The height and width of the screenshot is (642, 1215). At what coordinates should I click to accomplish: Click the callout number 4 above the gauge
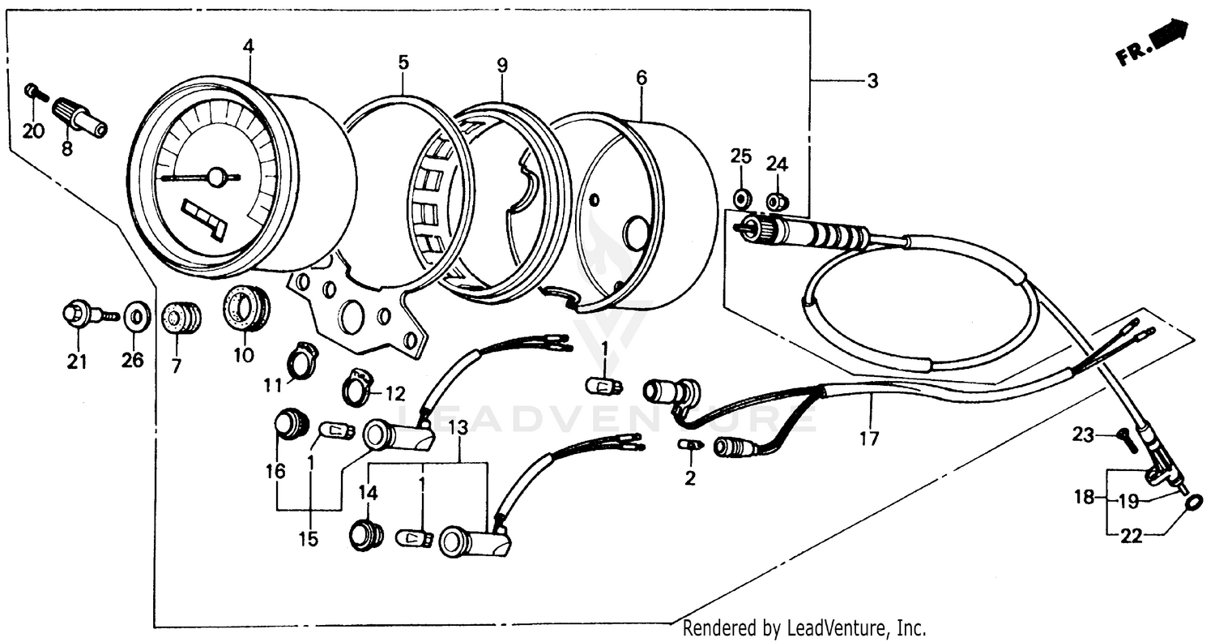point(248,47)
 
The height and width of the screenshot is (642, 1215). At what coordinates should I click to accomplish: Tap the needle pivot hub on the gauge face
point(216,176)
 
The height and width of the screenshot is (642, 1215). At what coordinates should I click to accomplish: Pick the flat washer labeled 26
point(136,315)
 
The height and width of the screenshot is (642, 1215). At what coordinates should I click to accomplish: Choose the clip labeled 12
point(358,386)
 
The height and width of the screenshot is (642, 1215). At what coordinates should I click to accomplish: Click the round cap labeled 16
point(290,423)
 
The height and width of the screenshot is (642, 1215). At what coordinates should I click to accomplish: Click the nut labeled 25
point(740,198)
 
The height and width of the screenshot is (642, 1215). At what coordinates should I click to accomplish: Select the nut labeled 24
point(777,200)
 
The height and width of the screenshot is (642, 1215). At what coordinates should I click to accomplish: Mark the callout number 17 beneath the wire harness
point(868,439)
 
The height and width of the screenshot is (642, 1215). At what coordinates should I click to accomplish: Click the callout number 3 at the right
point(872,81)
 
